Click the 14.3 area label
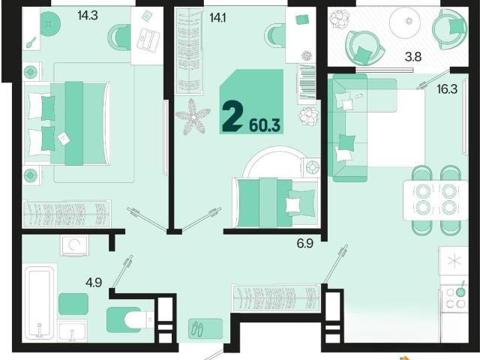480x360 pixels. (x=88, y=15)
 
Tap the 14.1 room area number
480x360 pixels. (x=217, y=18)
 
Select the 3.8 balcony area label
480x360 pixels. (x=413, y=57)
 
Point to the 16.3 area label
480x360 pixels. (x=447, y=89)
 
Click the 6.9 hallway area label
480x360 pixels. (x=305, y=244)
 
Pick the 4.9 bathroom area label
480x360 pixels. (x=94, y=282)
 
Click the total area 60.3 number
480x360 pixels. (x=265, y=125)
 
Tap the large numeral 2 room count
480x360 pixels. (x=232, y=117)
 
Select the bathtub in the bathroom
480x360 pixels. (x=40, y=303)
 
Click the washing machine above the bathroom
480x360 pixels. (x=74, y=245)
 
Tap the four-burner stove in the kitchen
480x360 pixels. (x=455, y=298)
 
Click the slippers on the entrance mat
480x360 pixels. (x=197, y=329)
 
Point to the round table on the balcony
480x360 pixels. (x=409, y=22)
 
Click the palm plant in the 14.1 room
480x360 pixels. (x=193, y=116)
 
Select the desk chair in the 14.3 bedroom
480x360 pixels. (x=119, y=37)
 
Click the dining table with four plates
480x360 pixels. (x=436, y=200)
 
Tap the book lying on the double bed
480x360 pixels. (x=64, y=138)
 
